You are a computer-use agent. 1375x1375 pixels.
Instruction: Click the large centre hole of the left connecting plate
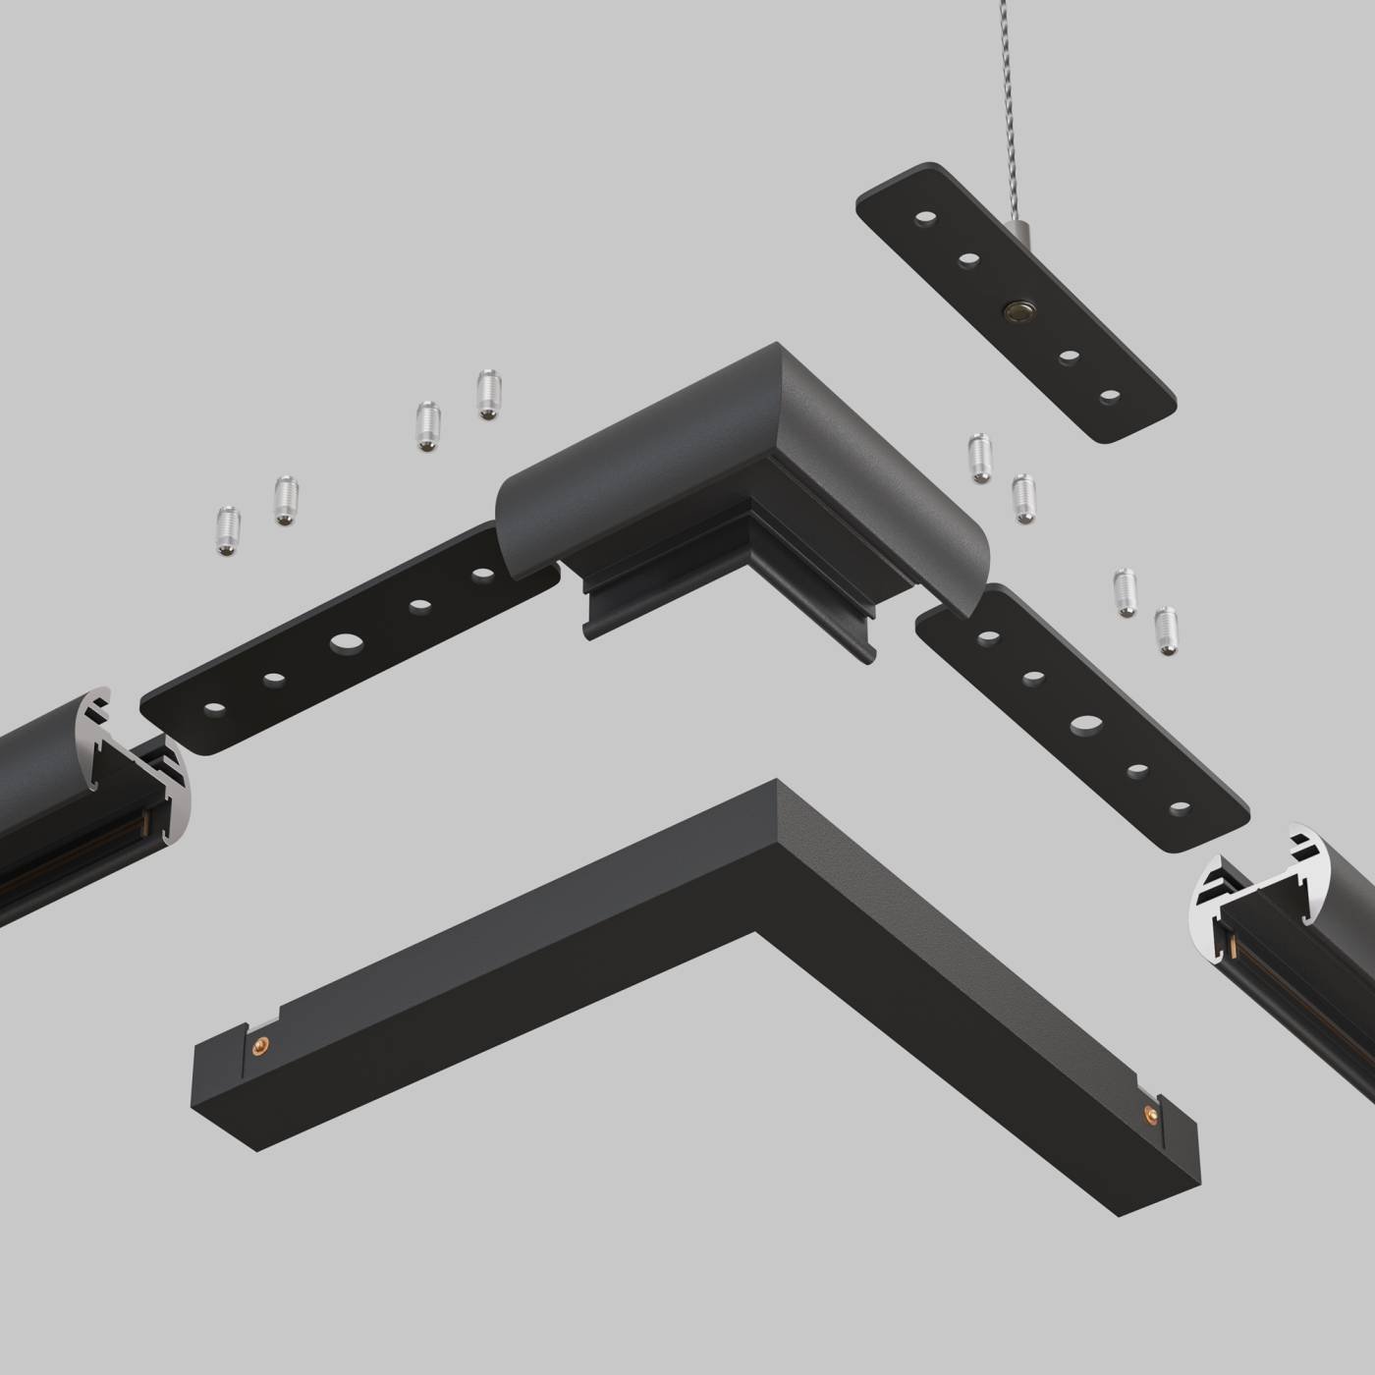[345, 642]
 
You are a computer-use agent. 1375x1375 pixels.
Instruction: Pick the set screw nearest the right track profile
[1166, 631]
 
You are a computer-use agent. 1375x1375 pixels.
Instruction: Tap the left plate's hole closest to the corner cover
[480, 575]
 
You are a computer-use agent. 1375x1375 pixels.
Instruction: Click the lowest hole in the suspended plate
[1110, 396]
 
